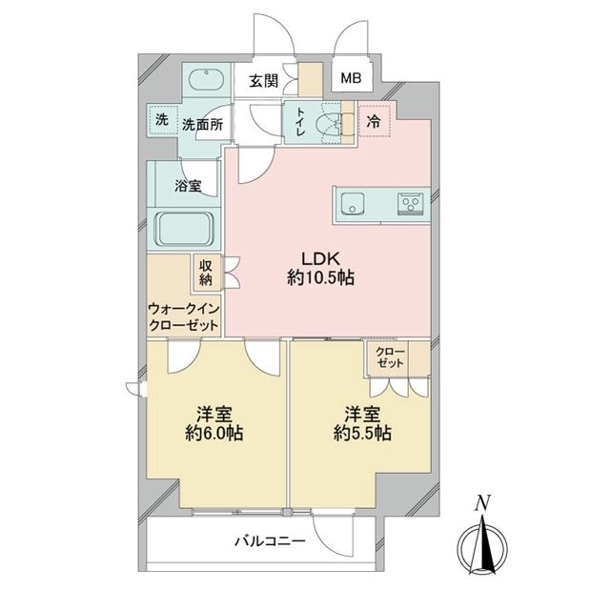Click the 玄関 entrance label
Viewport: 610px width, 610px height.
(x=264, y=81)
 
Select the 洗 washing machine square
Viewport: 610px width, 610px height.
(x=162, y=122)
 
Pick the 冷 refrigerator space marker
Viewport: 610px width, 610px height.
(x=373, y=121)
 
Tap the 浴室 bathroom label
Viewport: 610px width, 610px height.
(x=188, y=187)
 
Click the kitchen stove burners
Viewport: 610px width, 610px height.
(x=411, y=202)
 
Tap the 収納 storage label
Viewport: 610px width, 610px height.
(x=207, y=273)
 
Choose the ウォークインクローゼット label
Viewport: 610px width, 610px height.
(x=184, y=316)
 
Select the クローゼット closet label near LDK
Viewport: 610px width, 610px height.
(x=390, y=359)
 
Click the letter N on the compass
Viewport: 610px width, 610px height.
(x=483, y=502)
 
